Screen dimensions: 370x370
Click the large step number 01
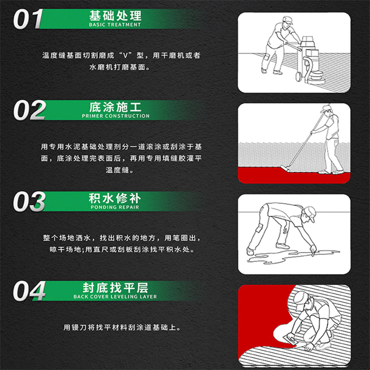click(x=29, y=19)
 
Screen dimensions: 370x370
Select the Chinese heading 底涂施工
click(x=115, y=107)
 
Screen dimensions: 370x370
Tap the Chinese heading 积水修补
click(x=115, y=198)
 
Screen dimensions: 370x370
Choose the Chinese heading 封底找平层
click(x=115, y=288)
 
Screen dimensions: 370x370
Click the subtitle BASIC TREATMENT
click(x=115, y=25)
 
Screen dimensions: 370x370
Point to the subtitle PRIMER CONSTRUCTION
click(x=115, y=116)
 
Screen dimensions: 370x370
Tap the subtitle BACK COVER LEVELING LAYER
click(x=115, y=297)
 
